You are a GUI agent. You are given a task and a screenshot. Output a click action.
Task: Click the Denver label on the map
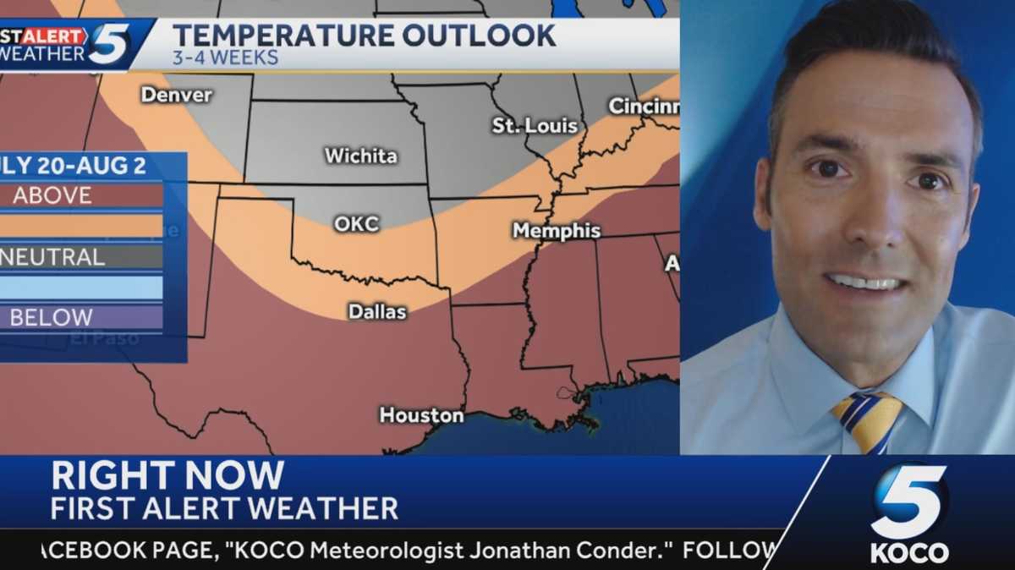(176, 95)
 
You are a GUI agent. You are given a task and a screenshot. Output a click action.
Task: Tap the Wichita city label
(360, 156)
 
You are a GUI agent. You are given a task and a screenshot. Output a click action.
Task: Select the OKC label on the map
(356, 224)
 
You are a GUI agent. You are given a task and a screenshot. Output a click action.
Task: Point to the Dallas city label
(377, 312)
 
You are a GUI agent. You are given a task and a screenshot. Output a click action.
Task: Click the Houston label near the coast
(421, 415)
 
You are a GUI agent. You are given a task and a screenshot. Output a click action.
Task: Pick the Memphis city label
(556, 231)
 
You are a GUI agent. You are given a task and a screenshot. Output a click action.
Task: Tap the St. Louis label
(535, 126)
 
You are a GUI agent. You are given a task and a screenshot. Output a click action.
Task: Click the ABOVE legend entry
(52, 195)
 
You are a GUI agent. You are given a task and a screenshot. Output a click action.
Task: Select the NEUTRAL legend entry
(52, 257)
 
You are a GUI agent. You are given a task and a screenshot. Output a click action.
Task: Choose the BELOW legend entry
(52, 318)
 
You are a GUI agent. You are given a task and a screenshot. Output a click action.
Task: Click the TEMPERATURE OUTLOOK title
(364, 36)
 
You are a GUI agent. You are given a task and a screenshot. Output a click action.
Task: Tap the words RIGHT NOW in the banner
(167, 476)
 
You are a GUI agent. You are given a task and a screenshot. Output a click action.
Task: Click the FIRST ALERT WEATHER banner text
(224, 509)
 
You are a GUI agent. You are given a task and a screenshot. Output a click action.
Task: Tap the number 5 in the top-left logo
(110, 43)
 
